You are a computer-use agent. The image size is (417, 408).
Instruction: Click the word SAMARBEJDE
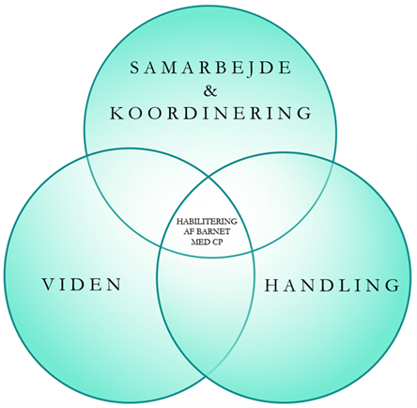(x=210, y=68)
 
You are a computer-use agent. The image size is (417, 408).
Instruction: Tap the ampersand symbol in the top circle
(x=210, y=90)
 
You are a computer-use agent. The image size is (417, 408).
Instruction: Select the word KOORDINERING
(x=211, y=113)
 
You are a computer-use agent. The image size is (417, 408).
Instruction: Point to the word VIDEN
(x=82, y=285)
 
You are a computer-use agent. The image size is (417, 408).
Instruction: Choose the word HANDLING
(x=332, y=286)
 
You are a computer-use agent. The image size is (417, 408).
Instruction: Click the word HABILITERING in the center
(x=207, y=221)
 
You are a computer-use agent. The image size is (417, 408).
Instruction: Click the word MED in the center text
(x=200, y=243)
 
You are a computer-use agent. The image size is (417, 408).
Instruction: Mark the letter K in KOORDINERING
(x=116, y=113)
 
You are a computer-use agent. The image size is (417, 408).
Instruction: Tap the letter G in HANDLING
(x=394, y=286)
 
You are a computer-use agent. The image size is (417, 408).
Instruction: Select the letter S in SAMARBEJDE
(x=133, y=68)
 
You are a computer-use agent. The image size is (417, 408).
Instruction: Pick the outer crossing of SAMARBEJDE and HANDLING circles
(x=333, y=160)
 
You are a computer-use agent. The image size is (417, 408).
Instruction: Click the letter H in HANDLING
(x=271, y=286)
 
